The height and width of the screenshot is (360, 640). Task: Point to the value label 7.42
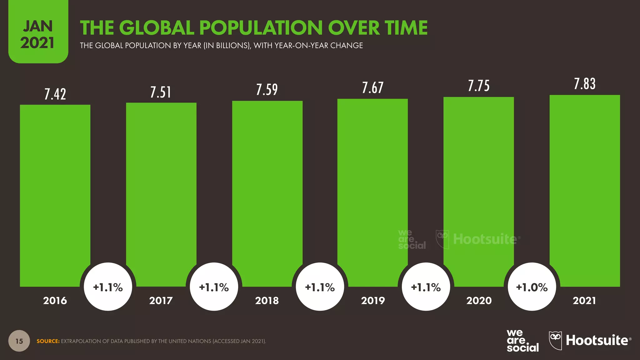point(55,94)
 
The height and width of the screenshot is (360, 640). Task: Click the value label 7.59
point(267,90)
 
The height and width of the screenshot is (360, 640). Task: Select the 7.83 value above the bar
point(585,84)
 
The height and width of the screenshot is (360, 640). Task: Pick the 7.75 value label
point(479,86)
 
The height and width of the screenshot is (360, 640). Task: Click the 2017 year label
point(161,301)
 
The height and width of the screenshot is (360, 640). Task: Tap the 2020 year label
point(479,301)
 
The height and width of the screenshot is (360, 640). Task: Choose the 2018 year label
point(267,301)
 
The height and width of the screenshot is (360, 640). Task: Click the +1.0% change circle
point(532,287)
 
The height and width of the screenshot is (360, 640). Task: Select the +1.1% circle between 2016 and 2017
point(108,287)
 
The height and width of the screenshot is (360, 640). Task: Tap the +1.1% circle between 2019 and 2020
point(426,287)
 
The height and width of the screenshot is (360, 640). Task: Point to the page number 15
point(19,341)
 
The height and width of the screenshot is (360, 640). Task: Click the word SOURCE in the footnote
point(48,341)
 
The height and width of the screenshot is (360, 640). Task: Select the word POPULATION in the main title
point(261,28)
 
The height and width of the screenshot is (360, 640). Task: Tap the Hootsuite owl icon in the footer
point(555,340)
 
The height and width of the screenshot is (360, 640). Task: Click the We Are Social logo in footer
point(522,341)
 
